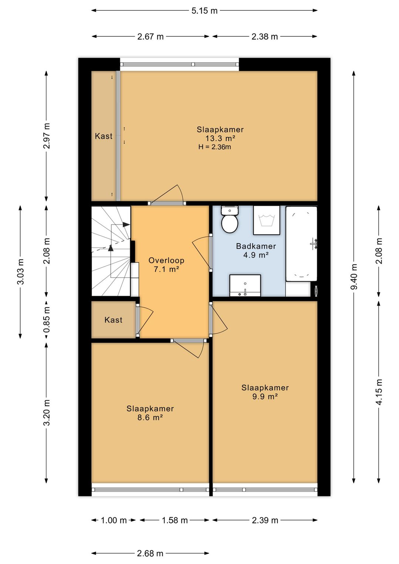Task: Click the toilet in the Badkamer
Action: point(229,219)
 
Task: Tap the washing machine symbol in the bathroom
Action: point(267,220)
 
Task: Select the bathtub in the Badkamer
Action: point(301,244)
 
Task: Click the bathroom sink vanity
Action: point(245,286)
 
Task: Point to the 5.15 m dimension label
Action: point(204,11)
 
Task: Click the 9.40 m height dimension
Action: point(354,277)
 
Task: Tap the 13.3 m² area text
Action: point(220,138)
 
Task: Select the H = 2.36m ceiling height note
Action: point(215,147)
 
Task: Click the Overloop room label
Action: point(166,260)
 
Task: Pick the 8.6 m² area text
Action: point(150,418)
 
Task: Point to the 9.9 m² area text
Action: point(265,397)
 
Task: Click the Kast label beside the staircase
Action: point(113,320)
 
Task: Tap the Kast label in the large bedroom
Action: point(103,136)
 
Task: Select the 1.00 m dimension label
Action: point(113,520)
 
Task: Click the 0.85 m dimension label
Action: point(47,320)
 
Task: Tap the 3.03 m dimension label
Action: point(21,271)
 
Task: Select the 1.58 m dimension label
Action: point(175,520)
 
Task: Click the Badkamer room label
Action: point(256,246)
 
